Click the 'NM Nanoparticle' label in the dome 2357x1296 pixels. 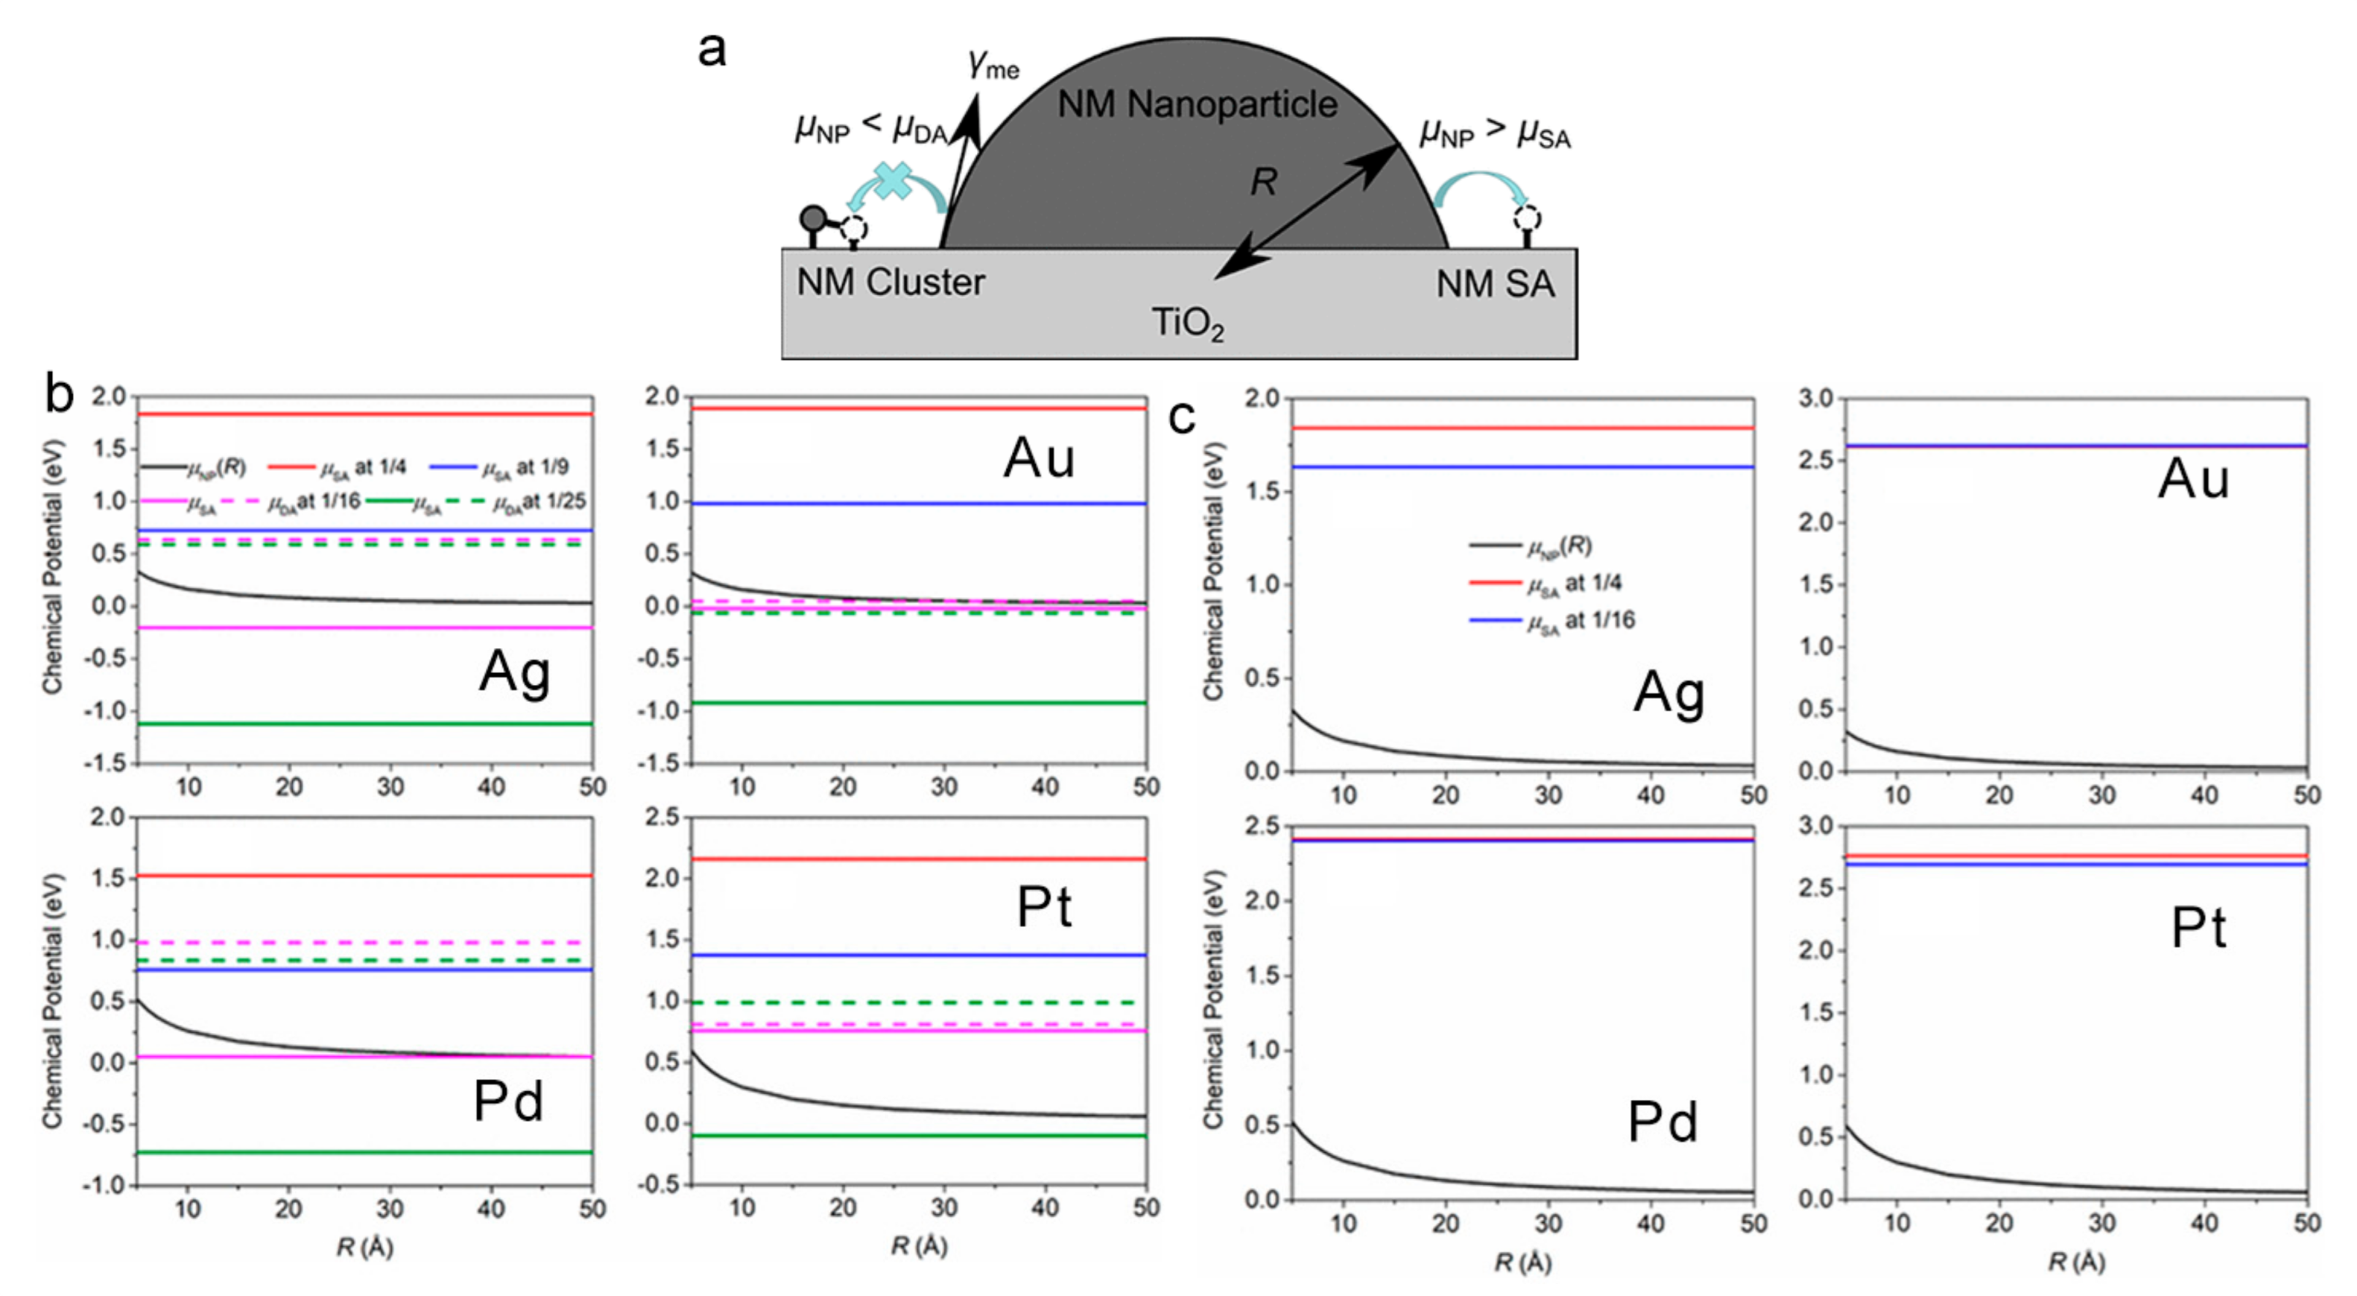coord(1197,105)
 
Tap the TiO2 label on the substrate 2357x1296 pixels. coord(1187,323)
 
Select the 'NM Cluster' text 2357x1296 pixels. coord(891,282)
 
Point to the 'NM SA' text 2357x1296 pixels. coord(1495,284)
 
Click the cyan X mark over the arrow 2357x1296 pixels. coord(893,181)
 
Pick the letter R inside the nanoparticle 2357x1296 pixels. coord(1263,182)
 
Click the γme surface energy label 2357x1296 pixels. coord(993,64)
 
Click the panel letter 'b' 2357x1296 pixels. coord(59,395)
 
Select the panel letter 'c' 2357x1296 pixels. coord(1182,417)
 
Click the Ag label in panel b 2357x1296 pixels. coord(514,672)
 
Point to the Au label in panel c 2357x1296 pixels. coord(2193,478)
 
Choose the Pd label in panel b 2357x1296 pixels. coord(509,1100)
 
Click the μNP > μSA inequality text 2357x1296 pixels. coord(1494,134)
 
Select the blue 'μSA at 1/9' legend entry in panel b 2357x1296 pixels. coord(500,468)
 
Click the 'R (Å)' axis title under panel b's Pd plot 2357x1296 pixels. coord(364,1246)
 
